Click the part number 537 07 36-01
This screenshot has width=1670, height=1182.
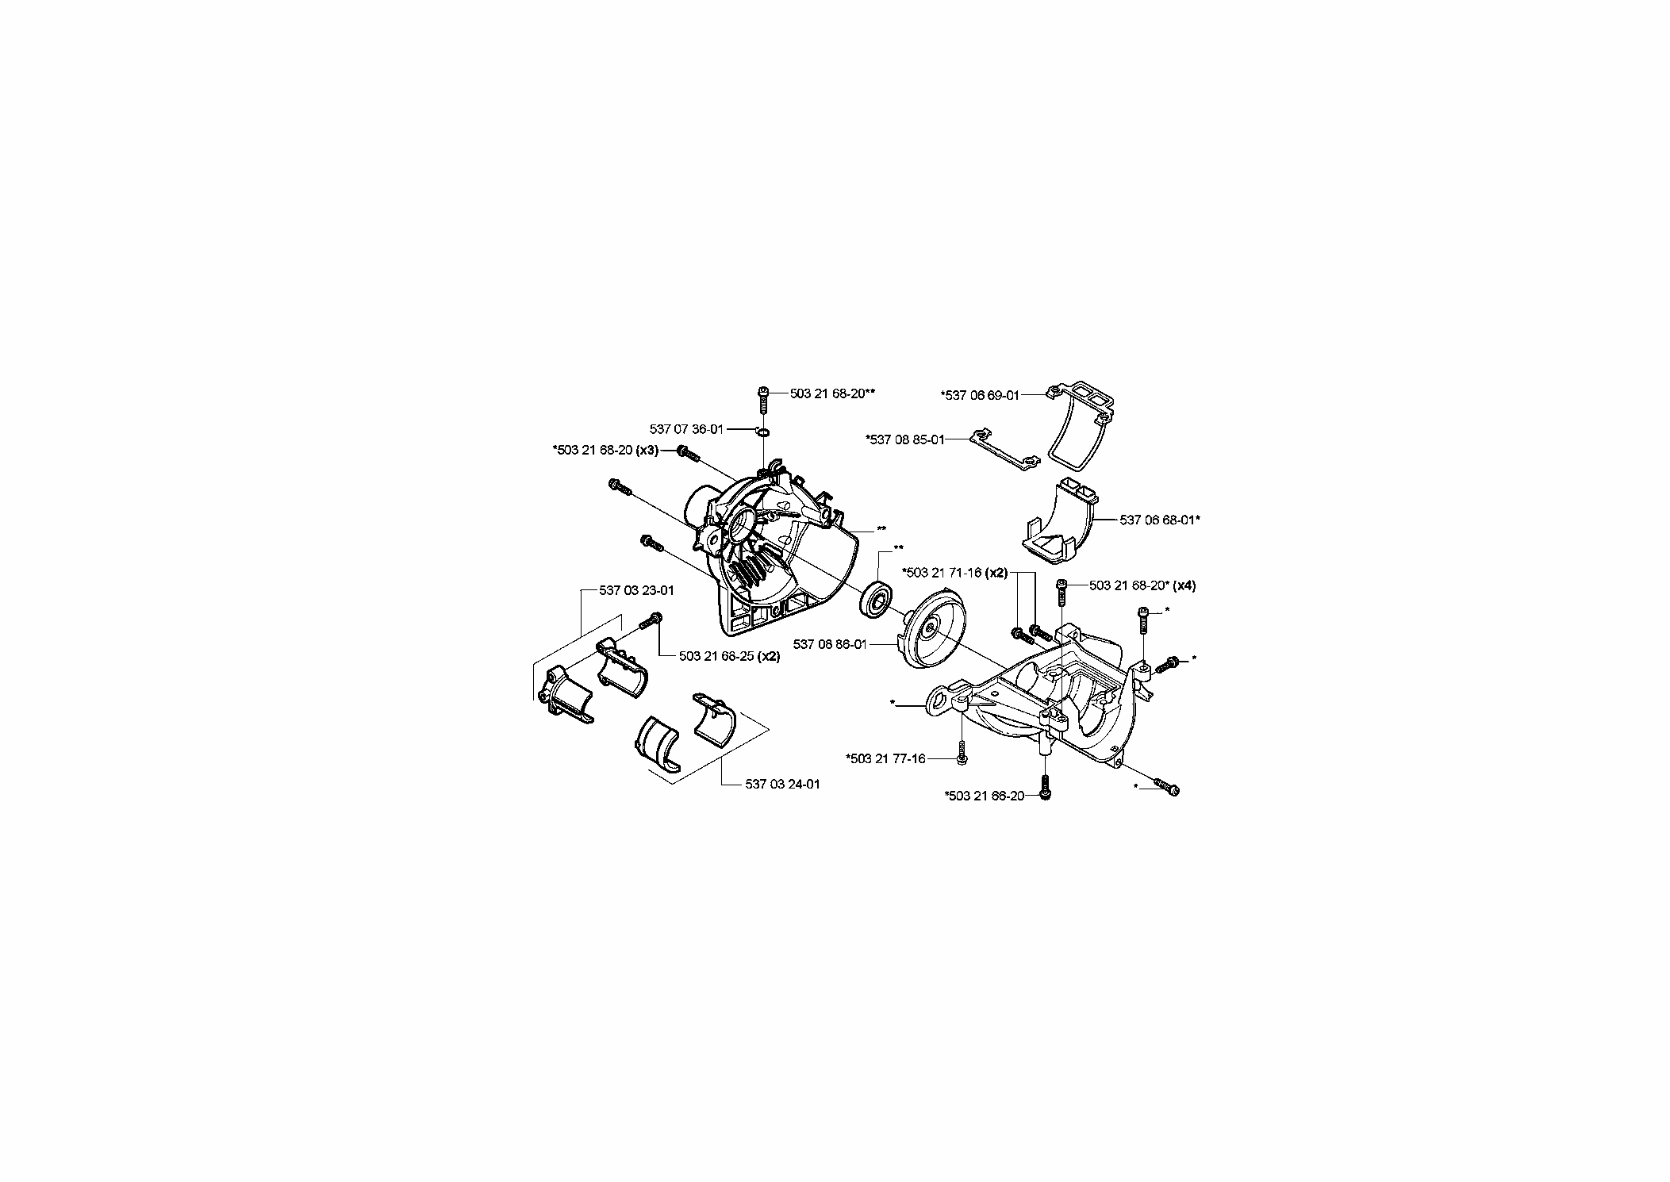686,429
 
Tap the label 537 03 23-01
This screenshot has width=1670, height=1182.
636,590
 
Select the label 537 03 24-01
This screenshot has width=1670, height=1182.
782,784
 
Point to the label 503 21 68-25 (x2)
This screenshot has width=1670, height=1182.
729,656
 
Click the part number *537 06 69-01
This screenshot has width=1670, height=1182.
979,395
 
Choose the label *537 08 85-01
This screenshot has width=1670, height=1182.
905,439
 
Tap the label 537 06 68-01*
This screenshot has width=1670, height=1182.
1160,520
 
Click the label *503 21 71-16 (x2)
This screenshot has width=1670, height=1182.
955,572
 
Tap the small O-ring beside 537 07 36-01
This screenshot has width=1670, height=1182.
762,432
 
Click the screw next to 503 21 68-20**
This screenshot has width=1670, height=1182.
763,399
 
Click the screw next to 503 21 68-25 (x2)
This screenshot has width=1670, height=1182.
651,621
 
